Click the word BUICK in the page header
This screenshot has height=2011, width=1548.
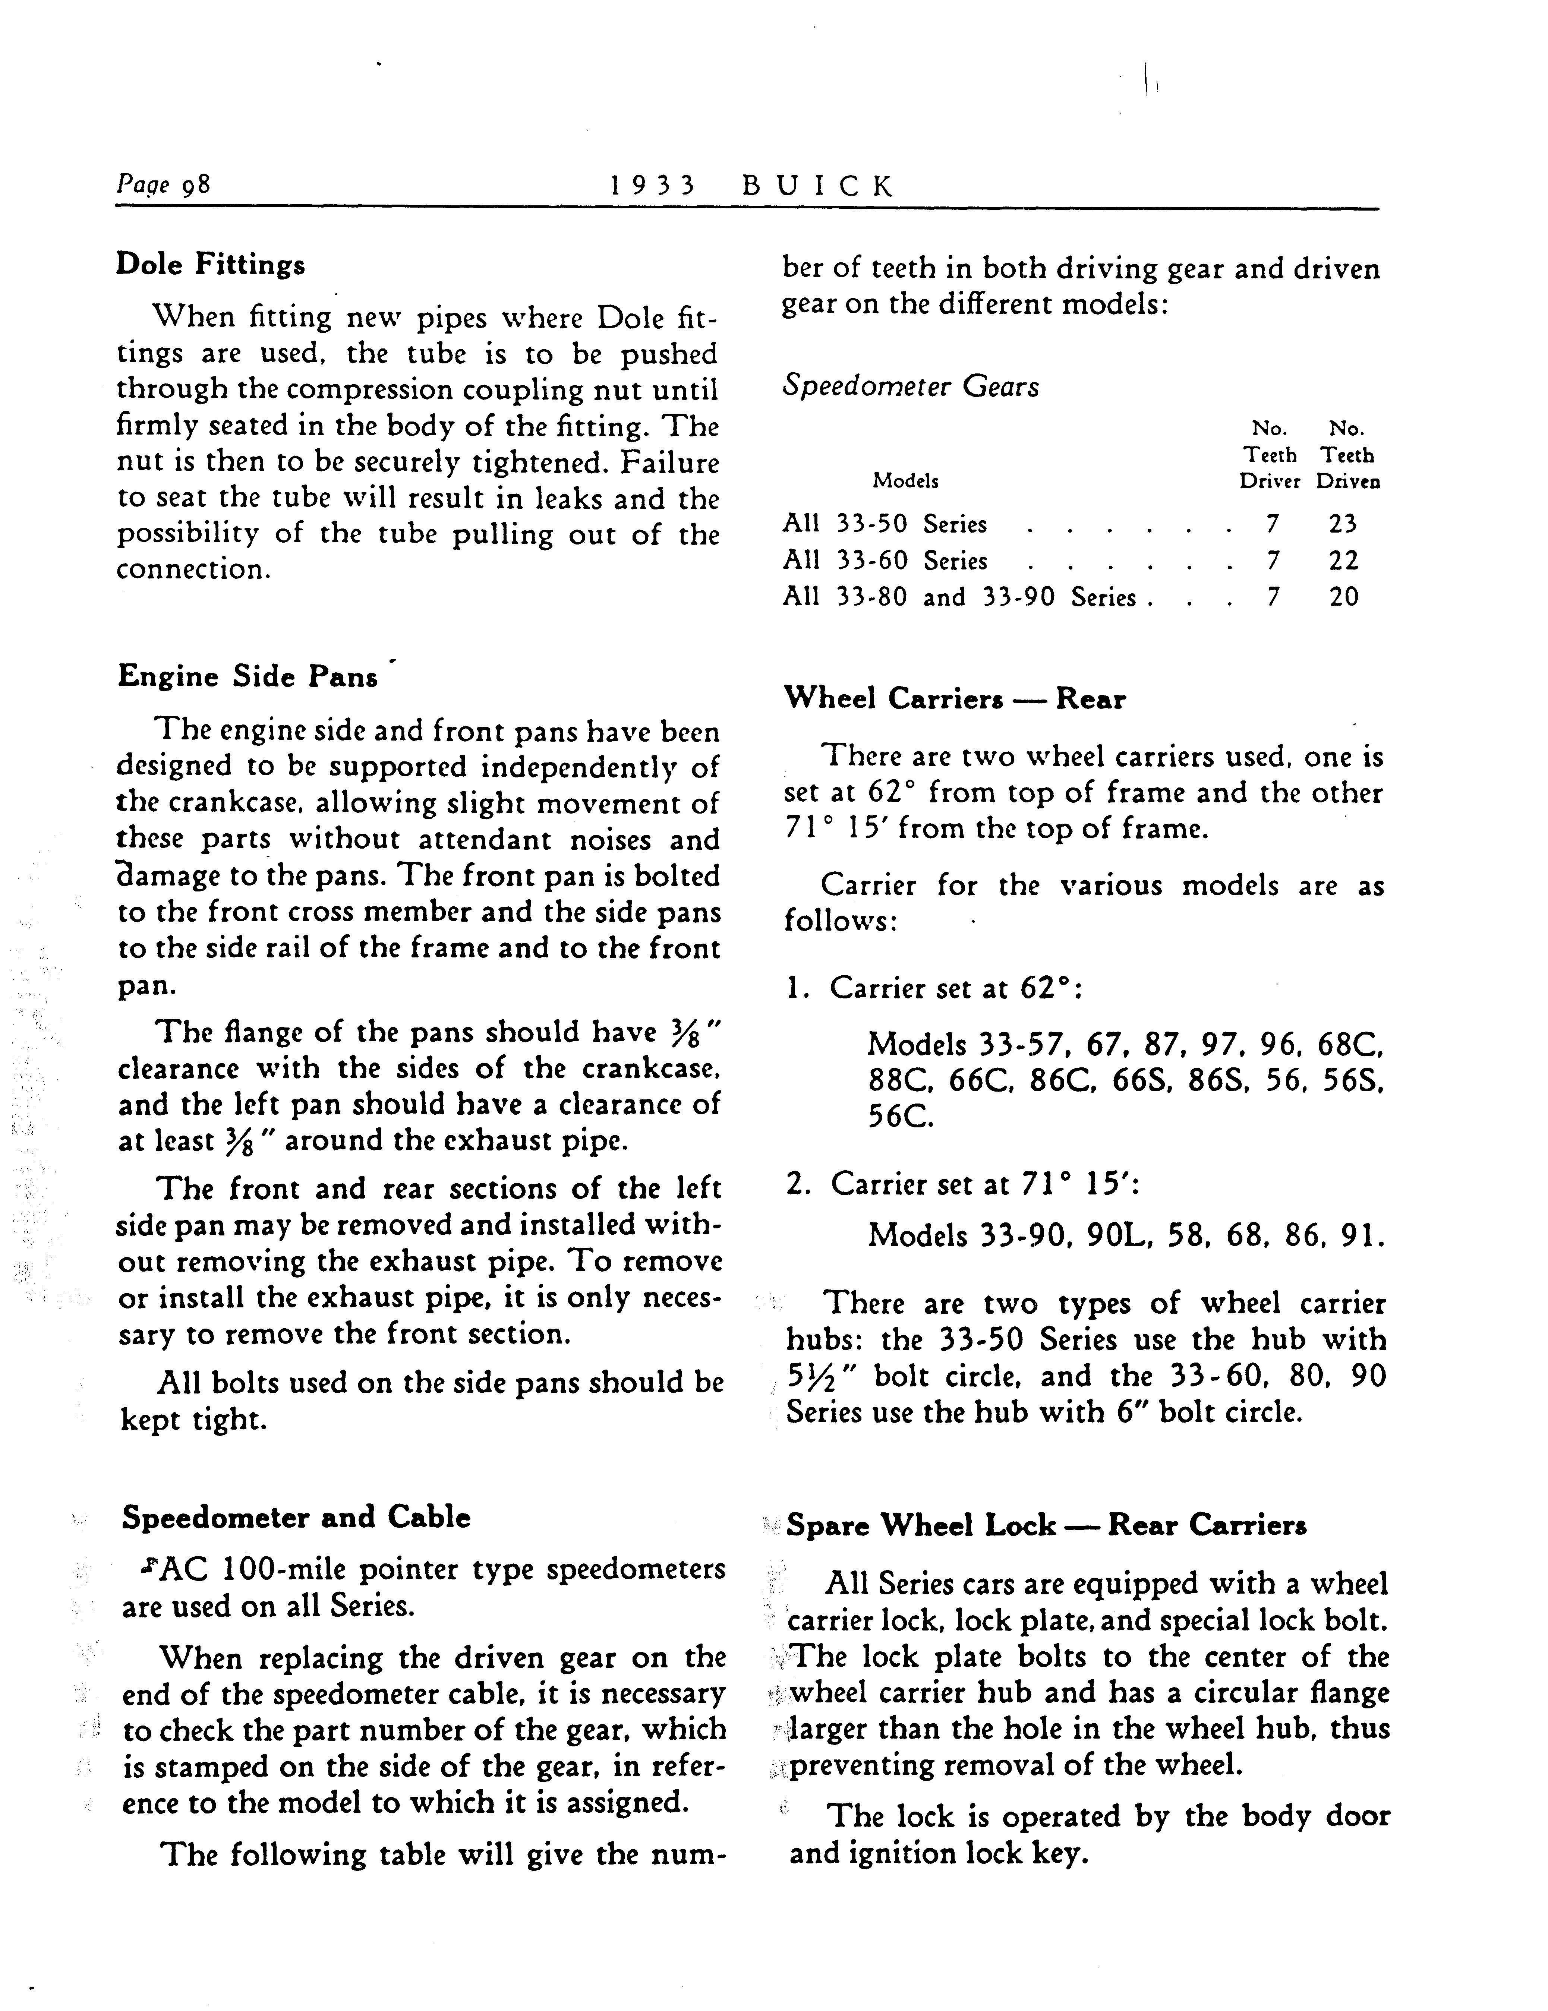[818, 187]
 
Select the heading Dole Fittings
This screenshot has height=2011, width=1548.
[210, 265]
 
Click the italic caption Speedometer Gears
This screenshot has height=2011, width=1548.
[910, 387]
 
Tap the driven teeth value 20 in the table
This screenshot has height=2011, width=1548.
[1344, 597]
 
